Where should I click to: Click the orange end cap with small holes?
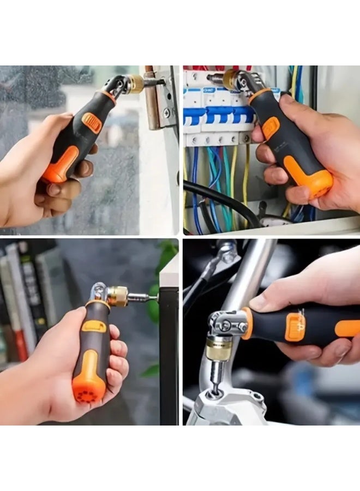[88, 390]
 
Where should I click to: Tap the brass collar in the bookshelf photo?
[117, 295]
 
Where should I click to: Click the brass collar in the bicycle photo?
[219, 349]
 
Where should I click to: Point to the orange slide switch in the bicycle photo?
[295, 327]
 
